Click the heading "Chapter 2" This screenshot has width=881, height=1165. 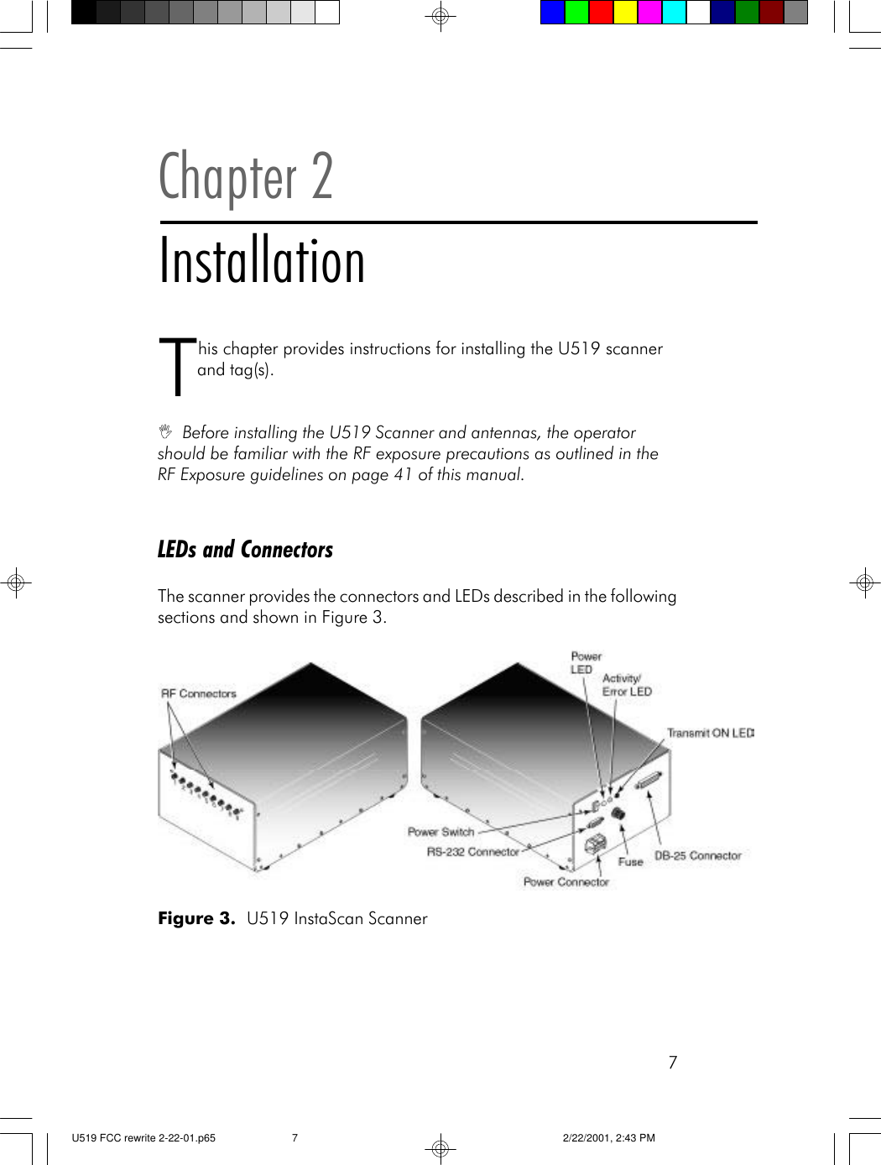coord(246,177)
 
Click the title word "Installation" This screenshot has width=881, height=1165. coord(262,261)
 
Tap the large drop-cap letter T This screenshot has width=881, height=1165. coord(176,366)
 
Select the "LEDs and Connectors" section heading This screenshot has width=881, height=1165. coord(245,550)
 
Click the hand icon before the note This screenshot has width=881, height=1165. coord(165,432)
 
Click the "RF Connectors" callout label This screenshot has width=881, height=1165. coord(199,693)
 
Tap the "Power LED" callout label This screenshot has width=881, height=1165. coord(586,663)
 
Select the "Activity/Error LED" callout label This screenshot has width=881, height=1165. coord(626,685)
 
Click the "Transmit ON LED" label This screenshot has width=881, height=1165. coord(710,733)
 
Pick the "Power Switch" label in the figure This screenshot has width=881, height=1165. coord(440,832)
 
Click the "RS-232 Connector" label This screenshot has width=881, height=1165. coord(472,852)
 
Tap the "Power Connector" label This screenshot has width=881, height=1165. coord(566,882)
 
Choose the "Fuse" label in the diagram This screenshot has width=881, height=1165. coord(630,862)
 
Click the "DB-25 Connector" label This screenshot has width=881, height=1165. coord(697,856)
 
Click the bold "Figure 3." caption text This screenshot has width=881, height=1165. coord(196,918)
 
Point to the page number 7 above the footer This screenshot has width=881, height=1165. coord(672,1063)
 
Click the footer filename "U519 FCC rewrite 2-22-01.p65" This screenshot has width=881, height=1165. coord(143,1138)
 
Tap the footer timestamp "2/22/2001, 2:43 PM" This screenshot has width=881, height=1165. coord(608,1138)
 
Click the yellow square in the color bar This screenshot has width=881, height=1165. coord(625,13)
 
